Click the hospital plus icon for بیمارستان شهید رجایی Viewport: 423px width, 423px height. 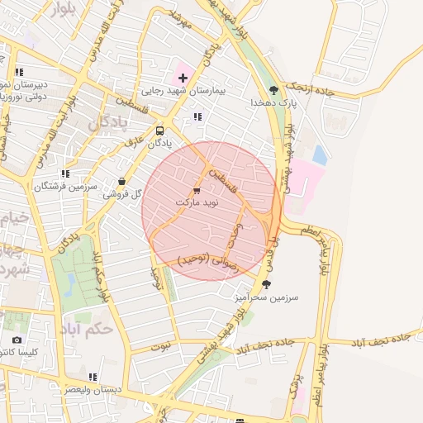tap(183, 78)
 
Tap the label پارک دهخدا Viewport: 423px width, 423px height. tap(273, 103)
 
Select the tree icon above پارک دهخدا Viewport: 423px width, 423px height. tap(273, 90)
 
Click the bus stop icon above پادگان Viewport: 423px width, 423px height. tap(159, 131)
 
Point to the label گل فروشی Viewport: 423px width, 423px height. tap(123, 194)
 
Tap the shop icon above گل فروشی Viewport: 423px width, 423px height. tap(123, 181)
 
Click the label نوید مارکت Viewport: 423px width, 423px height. tap(196, 202)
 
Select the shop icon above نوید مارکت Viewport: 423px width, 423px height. tap(196, 189)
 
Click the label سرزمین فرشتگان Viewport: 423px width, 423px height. tap(65, 187)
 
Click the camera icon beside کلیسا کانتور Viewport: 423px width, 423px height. tap(17, 340)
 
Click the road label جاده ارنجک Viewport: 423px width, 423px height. tap(309, 88)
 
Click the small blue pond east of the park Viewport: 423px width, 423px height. tap(319, 154)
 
